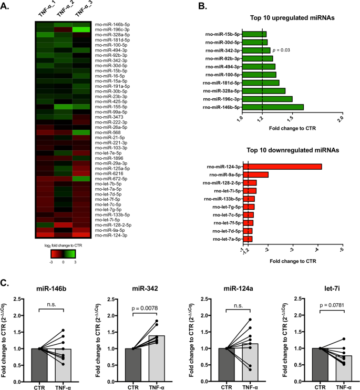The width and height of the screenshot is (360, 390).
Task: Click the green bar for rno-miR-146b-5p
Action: click(x=272, y=107)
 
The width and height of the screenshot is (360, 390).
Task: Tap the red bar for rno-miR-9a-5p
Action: click(x=255, y=175)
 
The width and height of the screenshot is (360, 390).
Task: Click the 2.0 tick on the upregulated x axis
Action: click(x=341, y=119)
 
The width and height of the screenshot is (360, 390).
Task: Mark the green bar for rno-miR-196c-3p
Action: click(x=266, y=99)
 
